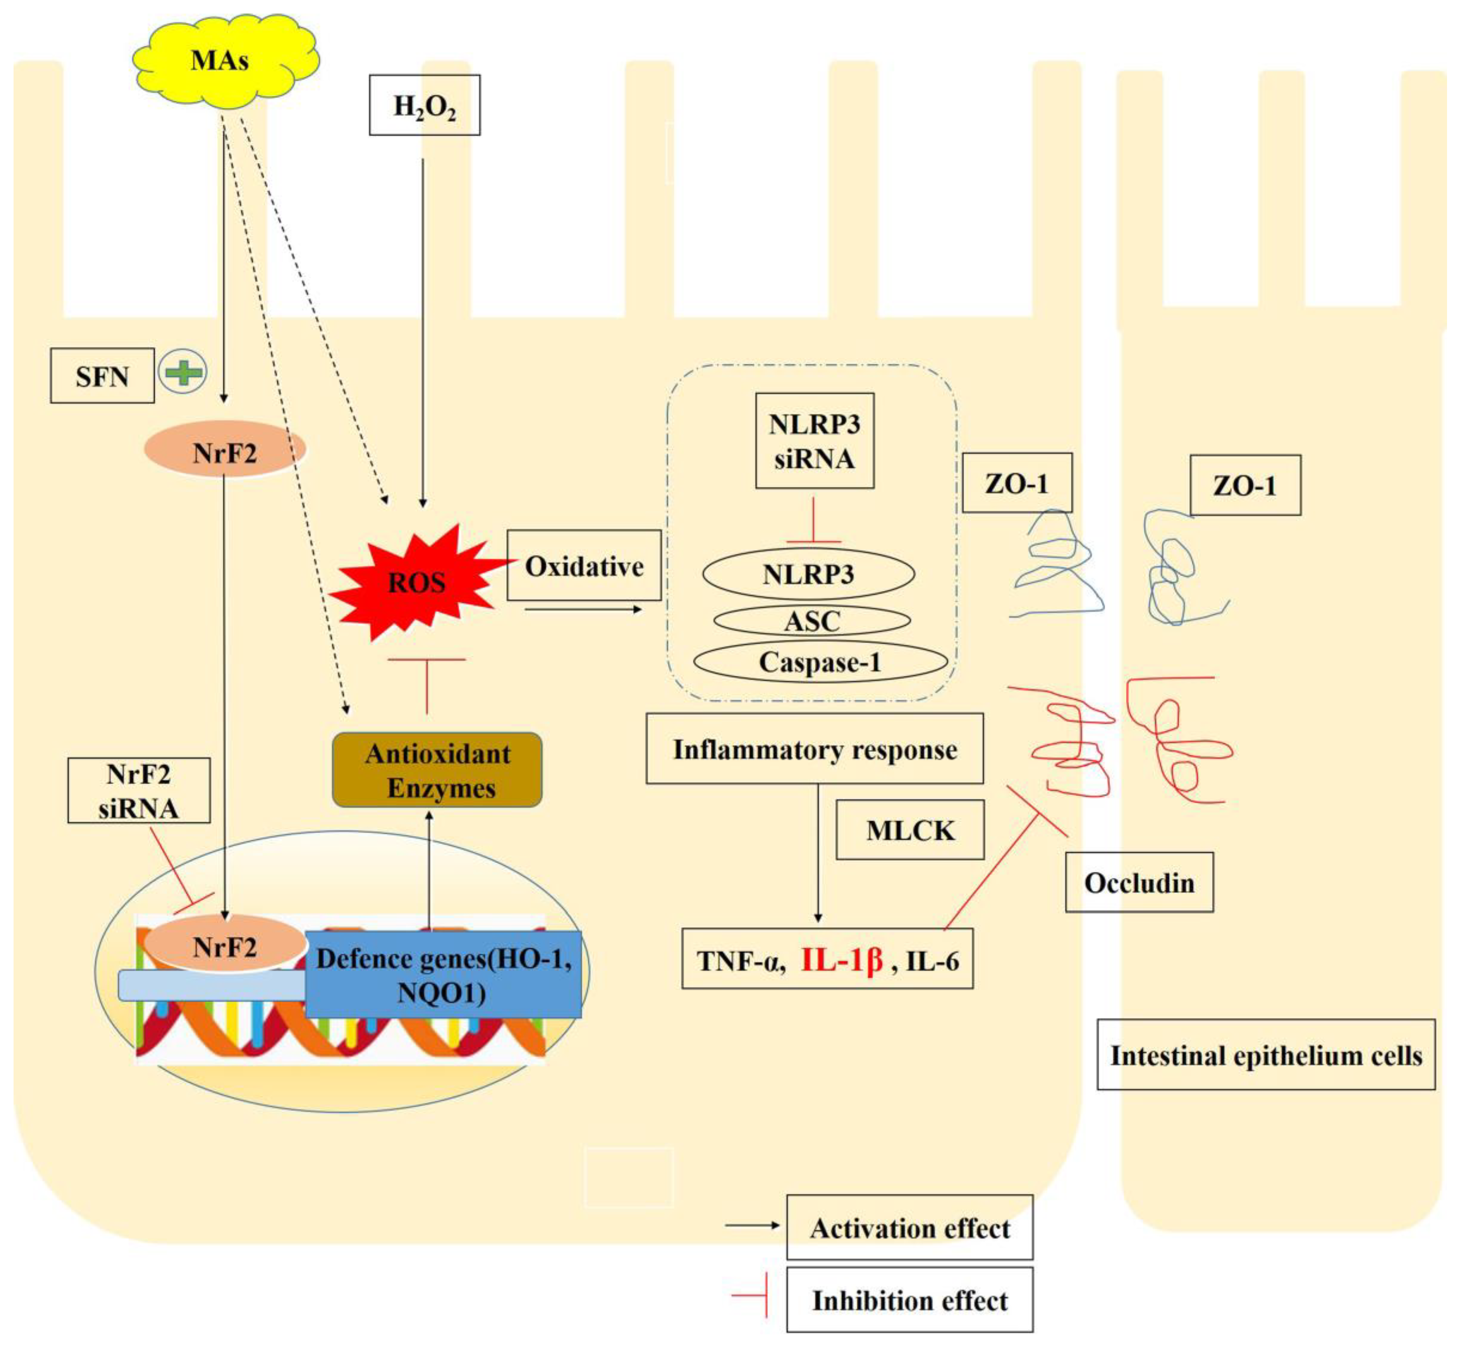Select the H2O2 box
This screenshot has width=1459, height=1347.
(424, 105)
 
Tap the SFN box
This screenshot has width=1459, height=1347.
(102, 376)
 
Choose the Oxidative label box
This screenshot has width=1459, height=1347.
(584, 566)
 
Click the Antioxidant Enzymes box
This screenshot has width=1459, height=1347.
(437, 770)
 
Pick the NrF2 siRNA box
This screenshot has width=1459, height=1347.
(139, 791)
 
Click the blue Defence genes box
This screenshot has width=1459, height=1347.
(443, 975)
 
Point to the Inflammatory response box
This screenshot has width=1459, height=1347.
(814, 749)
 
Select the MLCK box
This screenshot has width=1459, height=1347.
(910, 830)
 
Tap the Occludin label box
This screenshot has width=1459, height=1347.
(1139, 883)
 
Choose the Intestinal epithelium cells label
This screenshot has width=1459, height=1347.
(1266, 1055)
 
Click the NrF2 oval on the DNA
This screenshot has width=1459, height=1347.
(225, 947)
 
